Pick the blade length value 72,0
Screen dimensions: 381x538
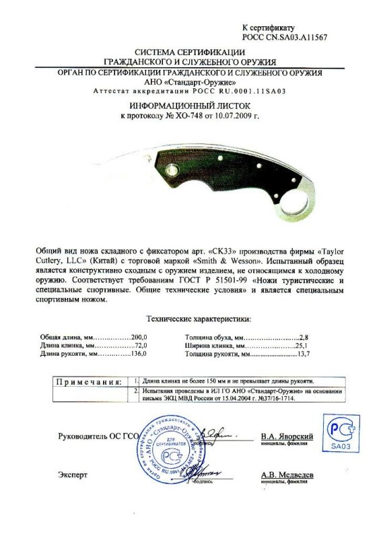[x=137, y=344]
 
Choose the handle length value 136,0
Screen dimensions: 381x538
[x=137, y=352]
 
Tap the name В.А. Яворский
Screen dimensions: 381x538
[x=287, y=436]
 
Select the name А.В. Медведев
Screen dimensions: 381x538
[x=287, y=475]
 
